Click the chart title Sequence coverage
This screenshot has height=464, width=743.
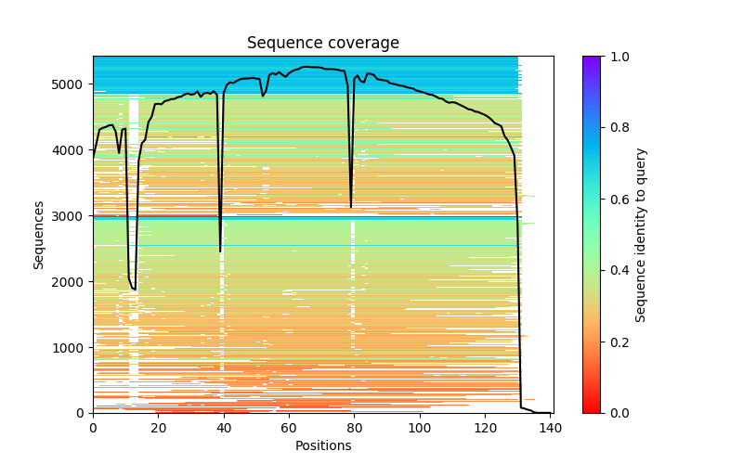[322, 44]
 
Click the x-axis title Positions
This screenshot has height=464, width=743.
[322, 445]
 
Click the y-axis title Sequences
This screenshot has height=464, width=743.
[39, 235]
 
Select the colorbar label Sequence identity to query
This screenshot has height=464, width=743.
[642, 235]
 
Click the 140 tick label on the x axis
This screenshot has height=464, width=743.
[551, 427]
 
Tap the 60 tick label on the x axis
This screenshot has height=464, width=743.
[289, 427]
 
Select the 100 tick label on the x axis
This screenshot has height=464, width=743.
[420, 427]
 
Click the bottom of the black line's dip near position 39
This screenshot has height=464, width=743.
[220, 251]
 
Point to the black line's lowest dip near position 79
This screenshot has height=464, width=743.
[351, 207]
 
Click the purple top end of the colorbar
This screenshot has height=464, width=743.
[591, 58]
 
